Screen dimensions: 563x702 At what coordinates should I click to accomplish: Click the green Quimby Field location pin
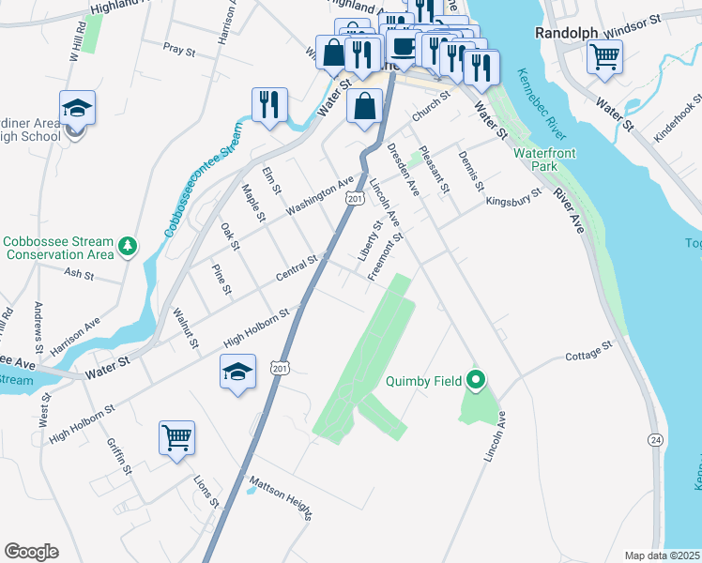pos(476,380)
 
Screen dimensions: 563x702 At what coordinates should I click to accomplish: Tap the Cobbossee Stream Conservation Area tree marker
pos(127,248)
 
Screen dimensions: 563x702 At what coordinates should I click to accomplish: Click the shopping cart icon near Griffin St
pos(176,438)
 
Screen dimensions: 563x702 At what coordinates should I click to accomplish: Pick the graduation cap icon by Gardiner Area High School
pos(77,108)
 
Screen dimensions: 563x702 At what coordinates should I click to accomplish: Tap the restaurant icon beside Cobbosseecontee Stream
pos(269,104)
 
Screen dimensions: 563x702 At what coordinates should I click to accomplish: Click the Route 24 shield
pos(655,439)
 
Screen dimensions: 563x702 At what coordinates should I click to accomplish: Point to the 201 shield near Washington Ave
pos(354,198)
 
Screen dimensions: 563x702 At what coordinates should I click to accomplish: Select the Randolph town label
pos(566,32)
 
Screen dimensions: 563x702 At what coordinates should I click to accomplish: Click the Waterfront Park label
pos(543,160)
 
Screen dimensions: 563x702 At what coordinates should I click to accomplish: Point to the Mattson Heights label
pos(279,497)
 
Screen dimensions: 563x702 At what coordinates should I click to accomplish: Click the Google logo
pos(31,552)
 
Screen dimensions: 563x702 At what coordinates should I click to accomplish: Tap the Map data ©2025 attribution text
pos(663,555)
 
